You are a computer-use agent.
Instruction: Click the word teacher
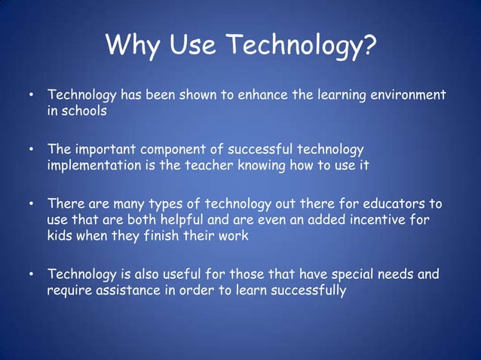point(212,165)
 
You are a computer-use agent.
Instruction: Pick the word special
point(355,273)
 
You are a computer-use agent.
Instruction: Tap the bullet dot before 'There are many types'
point(31,204)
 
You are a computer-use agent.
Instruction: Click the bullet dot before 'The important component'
point(31,150)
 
